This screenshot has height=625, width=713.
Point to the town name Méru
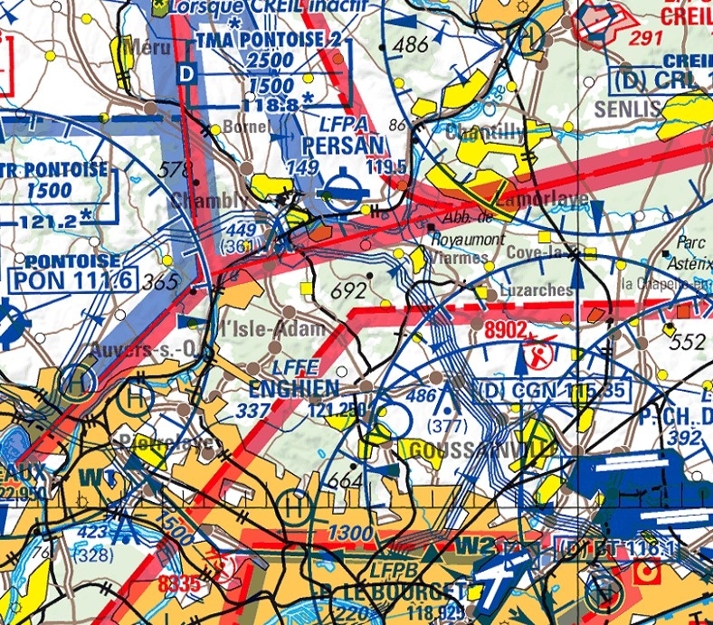coord(149,46)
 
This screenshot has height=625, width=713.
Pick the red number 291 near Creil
coord(646,37)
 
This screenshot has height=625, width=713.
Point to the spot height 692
coord(349,291)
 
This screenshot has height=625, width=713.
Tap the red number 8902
coord(505,331)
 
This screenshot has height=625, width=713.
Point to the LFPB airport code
coord(391,571)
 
